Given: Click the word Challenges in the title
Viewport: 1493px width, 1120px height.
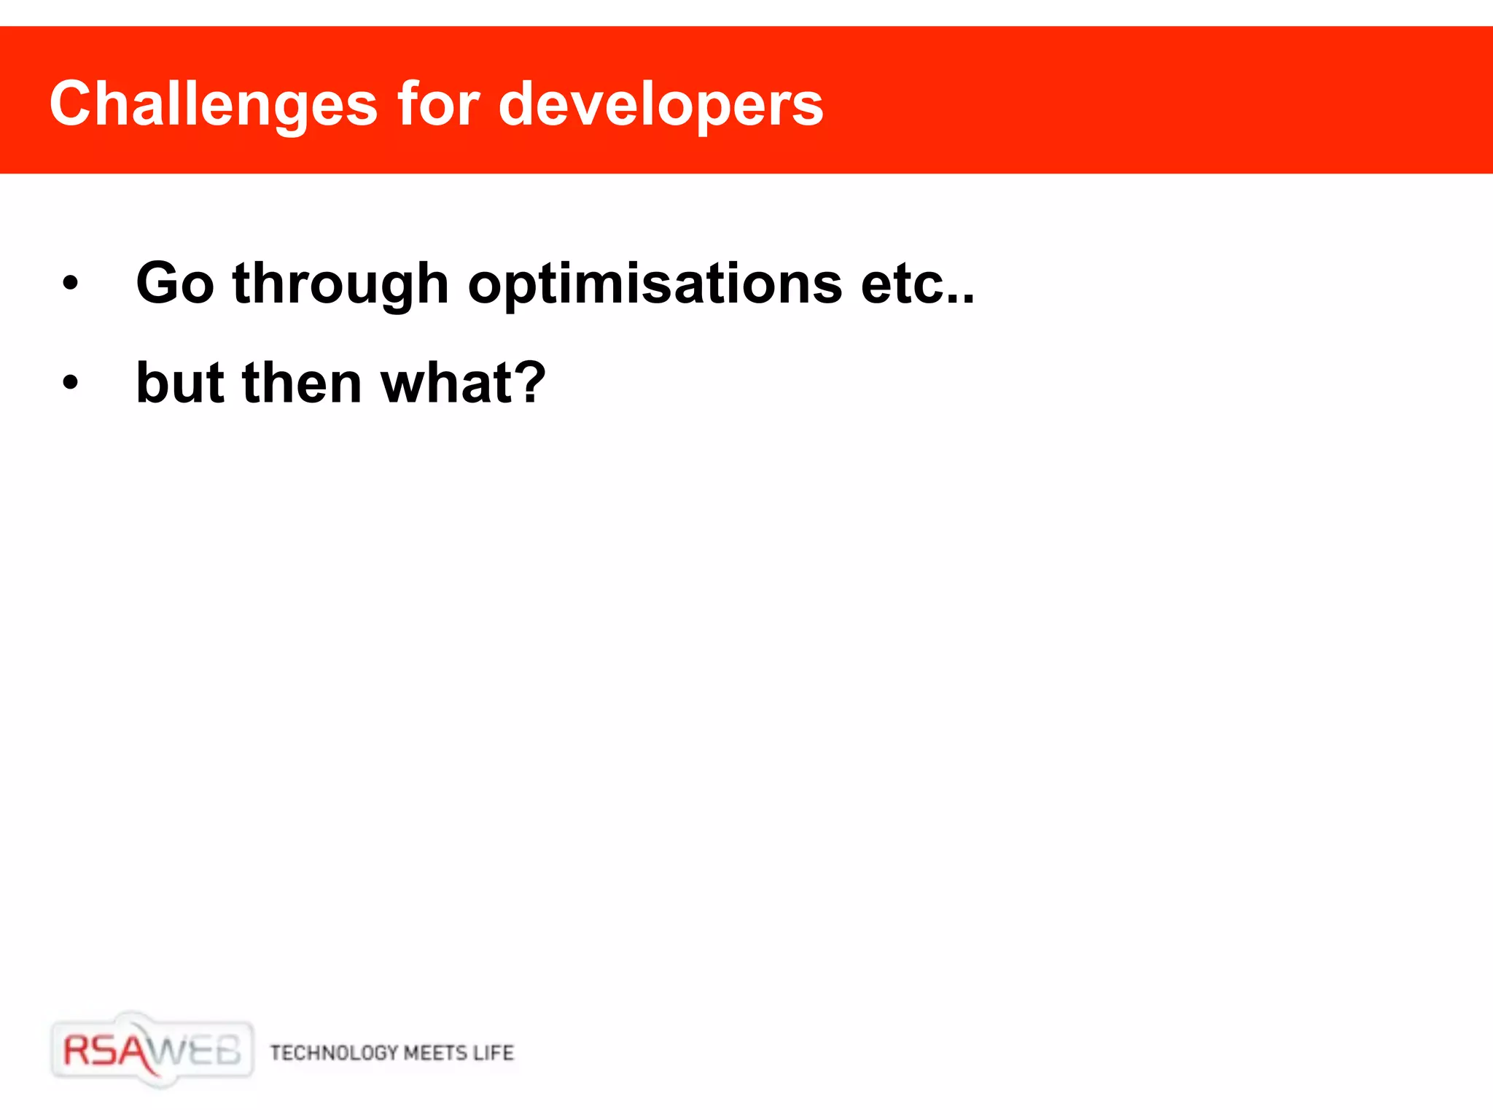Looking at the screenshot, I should click(213, 104).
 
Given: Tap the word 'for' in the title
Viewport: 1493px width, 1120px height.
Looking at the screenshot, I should click(438, 104).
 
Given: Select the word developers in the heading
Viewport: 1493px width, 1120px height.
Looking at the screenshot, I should click(660, 104).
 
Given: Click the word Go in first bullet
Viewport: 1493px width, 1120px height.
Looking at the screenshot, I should click(175, 283).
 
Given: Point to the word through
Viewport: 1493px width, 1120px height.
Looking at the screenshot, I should click(340, 284).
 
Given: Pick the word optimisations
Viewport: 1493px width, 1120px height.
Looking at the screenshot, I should click(655, 284).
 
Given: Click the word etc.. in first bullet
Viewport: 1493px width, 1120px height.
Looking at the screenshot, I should click(917, 284).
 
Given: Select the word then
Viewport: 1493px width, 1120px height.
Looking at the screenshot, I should click(302, 383).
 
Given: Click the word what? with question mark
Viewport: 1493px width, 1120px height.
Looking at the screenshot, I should click(462, 383).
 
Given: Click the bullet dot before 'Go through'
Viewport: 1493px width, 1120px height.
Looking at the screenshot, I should click(70, 283).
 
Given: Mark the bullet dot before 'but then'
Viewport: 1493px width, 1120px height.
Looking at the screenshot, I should click(70, 382).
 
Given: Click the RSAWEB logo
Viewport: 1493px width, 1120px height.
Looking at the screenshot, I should click(152, 1051).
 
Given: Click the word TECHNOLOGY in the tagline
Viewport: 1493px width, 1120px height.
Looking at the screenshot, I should click(334, 1053).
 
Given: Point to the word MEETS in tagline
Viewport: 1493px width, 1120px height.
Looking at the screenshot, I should click(435, 1053).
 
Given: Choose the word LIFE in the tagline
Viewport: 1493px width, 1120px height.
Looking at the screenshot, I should click(494, 1053).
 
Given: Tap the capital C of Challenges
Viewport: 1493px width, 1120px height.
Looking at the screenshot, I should click(74, 104).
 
